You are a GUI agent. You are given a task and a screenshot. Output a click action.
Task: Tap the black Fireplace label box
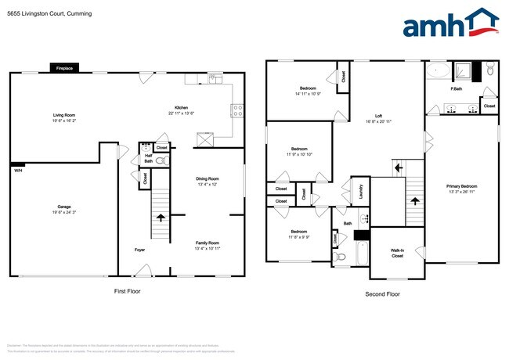tap(64, 69)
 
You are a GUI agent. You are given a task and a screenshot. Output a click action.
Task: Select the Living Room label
tap(64, 117)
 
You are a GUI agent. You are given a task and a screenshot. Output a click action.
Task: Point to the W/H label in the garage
tap(17, 170)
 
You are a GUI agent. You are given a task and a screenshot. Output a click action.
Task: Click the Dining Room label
tap(208, 182)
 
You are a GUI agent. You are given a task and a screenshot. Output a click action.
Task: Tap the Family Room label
tap(208, 246)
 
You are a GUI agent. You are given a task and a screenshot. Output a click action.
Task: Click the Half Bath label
tap(149, 159)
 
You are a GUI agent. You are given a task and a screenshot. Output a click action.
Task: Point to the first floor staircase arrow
tap(161, 218)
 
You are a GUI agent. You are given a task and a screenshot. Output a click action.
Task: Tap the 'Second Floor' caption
tap(383, 294)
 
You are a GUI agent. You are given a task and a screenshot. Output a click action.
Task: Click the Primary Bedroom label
tap(460, 188)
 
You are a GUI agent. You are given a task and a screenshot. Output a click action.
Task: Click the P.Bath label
tap(455, 89)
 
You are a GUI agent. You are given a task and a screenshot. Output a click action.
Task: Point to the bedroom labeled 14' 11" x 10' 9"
tap(302, 91)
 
